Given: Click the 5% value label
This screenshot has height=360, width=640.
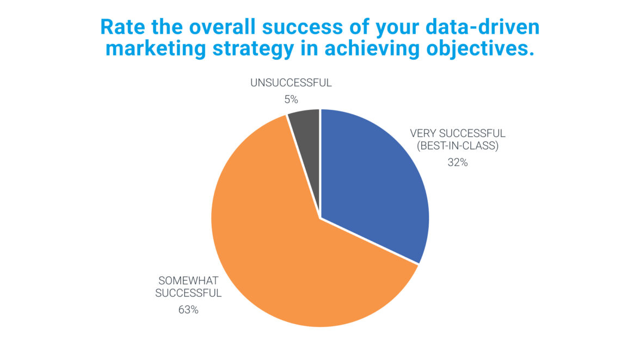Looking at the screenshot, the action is pos(291,99).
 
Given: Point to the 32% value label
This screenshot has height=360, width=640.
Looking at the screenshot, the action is pos(458,162).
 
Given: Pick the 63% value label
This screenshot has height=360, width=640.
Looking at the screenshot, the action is pos(188,310).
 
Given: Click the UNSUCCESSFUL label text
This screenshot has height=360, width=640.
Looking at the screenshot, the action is pos(291,83).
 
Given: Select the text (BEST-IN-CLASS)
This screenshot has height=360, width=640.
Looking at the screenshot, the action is pos(458,146).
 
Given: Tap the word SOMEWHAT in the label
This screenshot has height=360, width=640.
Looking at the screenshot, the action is pos(188,281).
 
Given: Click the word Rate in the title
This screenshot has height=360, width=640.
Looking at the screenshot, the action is pos(123,27).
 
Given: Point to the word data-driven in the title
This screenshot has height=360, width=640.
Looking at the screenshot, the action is pos(482,27).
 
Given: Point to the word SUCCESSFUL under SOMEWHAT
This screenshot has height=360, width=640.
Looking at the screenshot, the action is pos(188,293).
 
